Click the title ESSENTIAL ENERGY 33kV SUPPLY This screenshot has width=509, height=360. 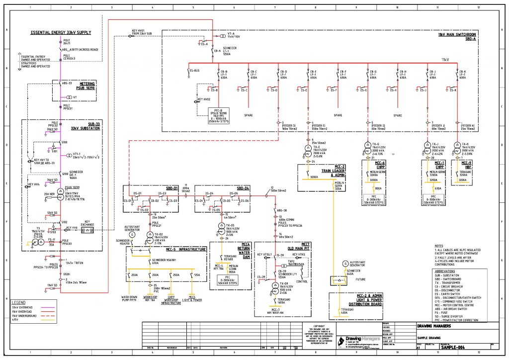coord(61,32)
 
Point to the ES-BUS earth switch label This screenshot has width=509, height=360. coord(194,71)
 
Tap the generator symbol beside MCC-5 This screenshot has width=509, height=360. coord(132,234)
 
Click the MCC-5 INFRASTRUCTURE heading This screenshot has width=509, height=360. coord(186,250)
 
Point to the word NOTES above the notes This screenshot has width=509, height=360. coord(438,246)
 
